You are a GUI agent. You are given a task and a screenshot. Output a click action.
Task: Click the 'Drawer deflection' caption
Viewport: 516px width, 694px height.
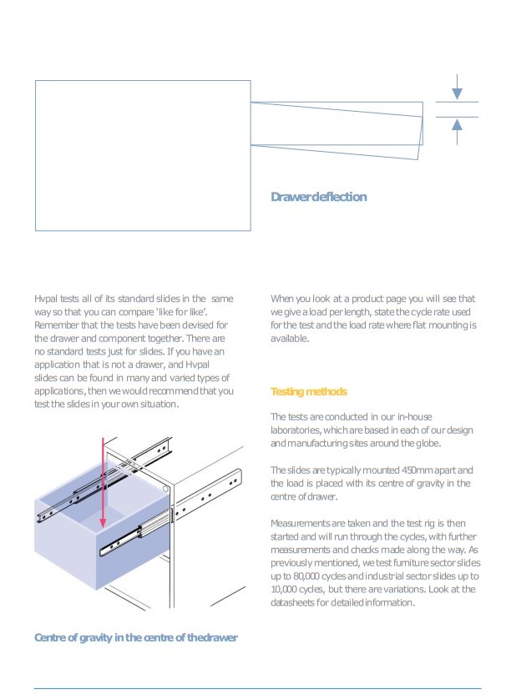click(318, 197)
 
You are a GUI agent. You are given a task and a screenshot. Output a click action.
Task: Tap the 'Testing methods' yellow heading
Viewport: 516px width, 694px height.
click(308, 391)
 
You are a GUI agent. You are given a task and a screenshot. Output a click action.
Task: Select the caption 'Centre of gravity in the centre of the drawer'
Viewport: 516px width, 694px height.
click(136, 637)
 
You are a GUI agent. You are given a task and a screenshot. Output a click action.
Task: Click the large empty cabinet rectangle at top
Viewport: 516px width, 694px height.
click(142, 154)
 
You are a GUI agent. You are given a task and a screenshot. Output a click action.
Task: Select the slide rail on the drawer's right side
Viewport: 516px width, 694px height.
click(134, 534)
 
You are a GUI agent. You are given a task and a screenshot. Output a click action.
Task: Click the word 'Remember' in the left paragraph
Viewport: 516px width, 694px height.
click(56, 324)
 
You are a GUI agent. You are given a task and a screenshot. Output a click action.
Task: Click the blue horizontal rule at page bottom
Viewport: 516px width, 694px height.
click(257, 688)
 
